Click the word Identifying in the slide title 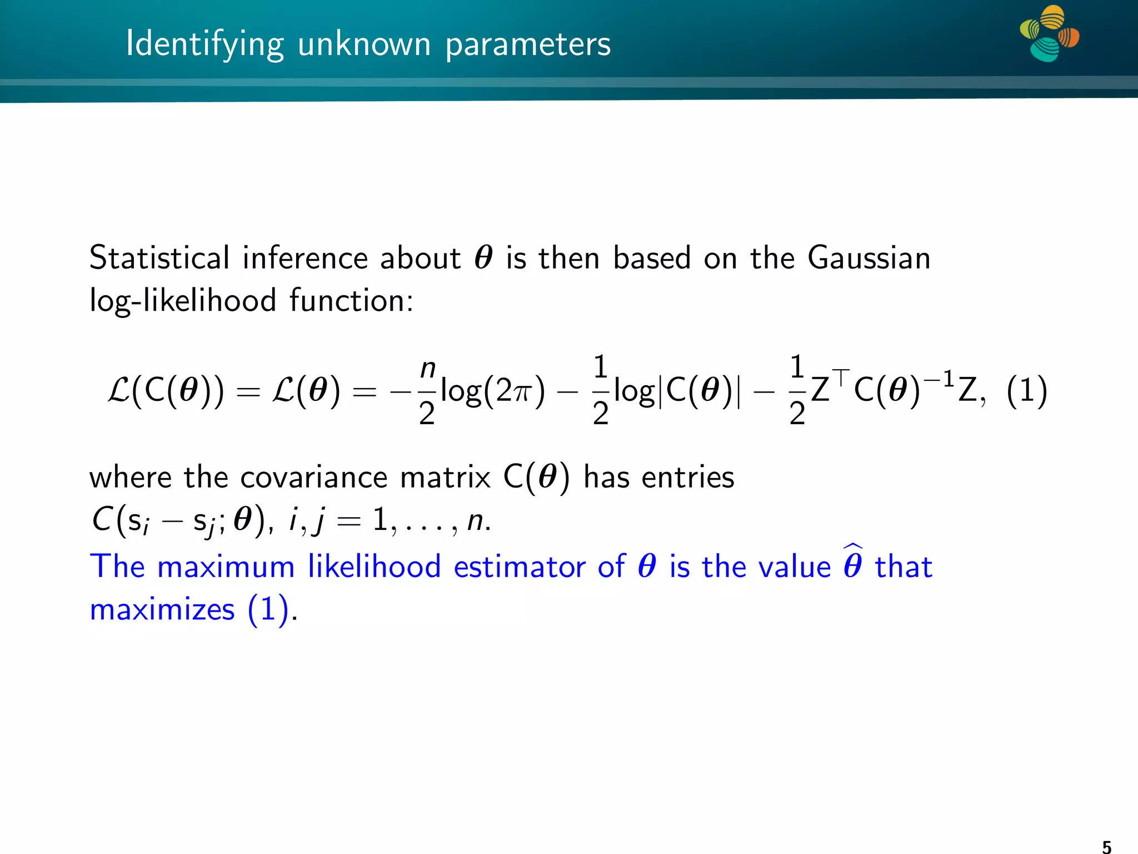click(x=204, y=44)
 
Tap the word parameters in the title click(x=527, y=44)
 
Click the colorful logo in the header click(x=1049, y=33)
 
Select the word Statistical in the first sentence click(x=159, y=258)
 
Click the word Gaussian click(x=869, y=258)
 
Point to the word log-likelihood click(x=183, y=301)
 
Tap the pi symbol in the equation click(x=521, y=392)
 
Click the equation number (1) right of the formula click(x=1027, y=391)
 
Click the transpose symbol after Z click(x=841, y=378)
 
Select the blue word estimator click(x=519, y=567)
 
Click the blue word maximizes click(x=162, y=610)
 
